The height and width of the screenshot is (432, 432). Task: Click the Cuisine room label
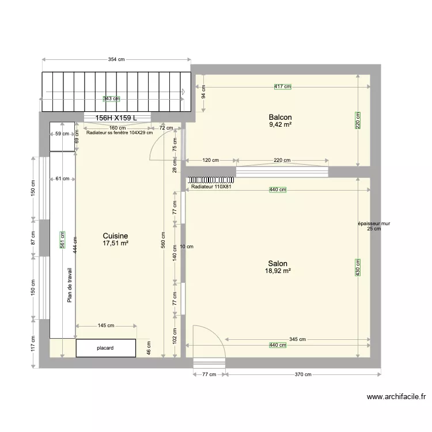[x=115, y=236]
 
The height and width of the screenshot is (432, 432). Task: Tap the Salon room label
[x=278, y=263]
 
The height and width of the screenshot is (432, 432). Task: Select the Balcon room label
[x=280, y=116]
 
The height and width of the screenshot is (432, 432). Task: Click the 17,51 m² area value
[x=115, y=244]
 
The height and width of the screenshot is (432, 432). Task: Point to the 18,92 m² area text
[x=278, y=271]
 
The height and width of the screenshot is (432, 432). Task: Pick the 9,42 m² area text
[x=280, y=123]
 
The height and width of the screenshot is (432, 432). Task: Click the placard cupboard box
[x=106, y=348]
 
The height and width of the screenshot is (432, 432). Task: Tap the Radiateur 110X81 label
[x=211, y=187]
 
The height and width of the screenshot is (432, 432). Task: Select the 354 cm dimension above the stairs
[x=117, y=60]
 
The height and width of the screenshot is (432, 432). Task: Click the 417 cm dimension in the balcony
[x=282, y=86]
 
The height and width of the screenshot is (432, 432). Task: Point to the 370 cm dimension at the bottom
[x=304, y=374]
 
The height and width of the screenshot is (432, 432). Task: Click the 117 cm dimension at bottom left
[x=33, y=345]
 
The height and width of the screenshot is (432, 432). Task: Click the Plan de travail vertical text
[x=70, y=285]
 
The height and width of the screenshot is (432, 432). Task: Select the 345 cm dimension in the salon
[x=297, y=339]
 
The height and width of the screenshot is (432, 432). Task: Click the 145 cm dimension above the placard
[x=106, y=326]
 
